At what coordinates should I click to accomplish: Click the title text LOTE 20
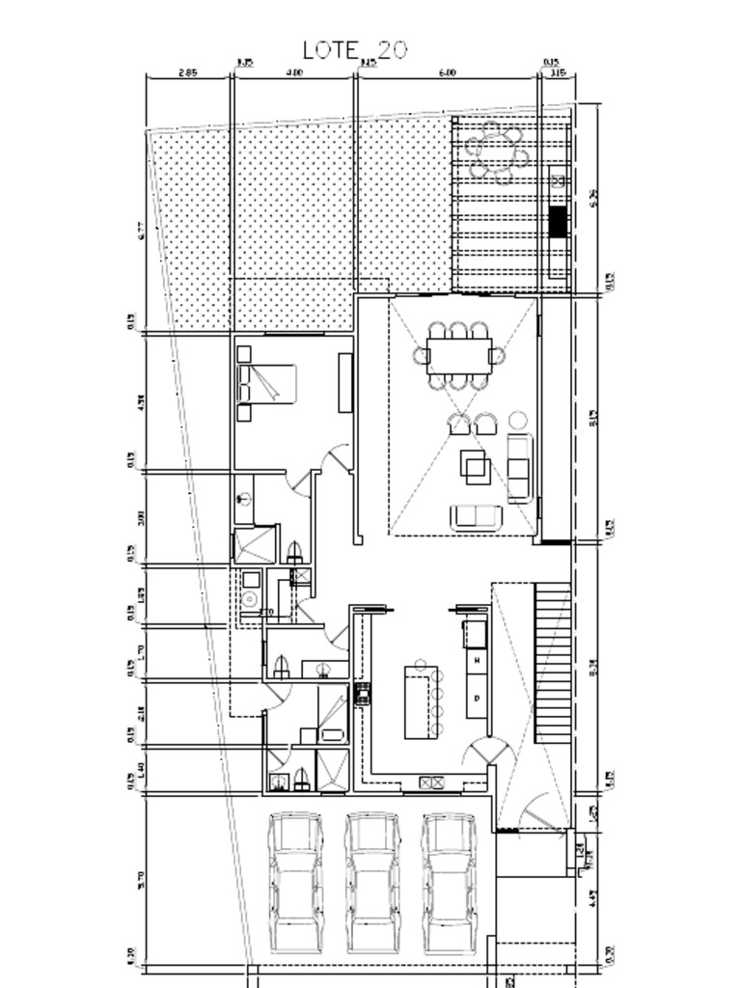tap(354, 50)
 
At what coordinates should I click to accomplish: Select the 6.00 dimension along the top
tap(447, 72)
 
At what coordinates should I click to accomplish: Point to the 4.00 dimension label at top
tap(294, 72)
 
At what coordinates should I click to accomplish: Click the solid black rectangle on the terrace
tap(558, 222)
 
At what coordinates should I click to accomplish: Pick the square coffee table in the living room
tap(475, 467)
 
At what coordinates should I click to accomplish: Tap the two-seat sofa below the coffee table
tap(477, 516)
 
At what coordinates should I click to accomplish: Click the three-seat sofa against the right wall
tap(519, 467)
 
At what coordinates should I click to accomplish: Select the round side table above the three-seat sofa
tap(518, 420)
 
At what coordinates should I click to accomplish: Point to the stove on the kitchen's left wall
tap(363, 692)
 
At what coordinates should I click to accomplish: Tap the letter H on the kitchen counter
tap(477, 660)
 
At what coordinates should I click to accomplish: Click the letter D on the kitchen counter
tap(477, 697)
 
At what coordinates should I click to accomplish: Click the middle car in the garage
tap(372, 880)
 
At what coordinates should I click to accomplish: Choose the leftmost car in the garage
tap(295, 880)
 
